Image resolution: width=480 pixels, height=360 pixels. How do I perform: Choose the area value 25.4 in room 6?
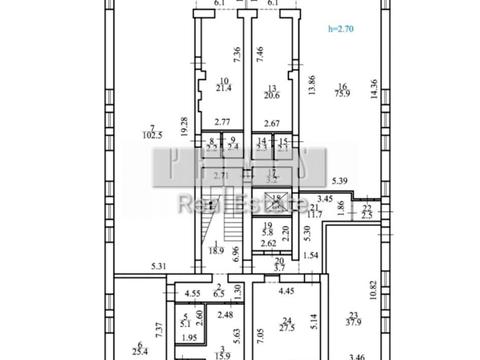tap(139, 350)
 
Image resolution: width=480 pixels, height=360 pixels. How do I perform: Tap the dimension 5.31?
tap(159, 265)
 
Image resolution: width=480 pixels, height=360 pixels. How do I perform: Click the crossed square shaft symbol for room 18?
tap(279, 199)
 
